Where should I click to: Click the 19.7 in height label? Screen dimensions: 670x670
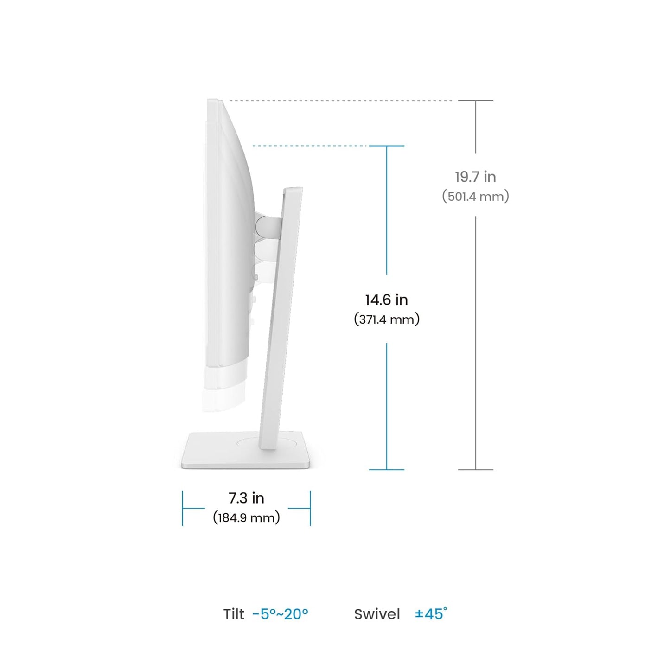click(x=475, y=177)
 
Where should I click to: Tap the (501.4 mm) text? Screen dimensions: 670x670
click(x=475, y=196)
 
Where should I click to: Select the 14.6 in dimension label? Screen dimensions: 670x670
click(x=386, y=300)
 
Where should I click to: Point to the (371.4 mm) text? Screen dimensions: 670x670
click(x=386, y=319)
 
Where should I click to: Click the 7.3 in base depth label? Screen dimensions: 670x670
click(x=246, y=498)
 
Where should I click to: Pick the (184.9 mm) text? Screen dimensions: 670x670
click(x=246, y=517)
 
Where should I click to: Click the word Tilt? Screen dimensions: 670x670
click(x=234, y=614)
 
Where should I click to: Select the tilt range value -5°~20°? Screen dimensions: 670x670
click(x=280, y=614)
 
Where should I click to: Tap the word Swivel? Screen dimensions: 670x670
click(x=376, y=614)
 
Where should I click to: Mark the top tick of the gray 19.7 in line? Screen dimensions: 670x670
click(x=475, y=100)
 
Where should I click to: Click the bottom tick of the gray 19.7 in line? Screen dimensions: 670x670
click(x=475, y=470)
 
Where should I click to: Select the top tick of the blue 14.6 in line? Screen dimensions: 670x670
click(x=386, y=146)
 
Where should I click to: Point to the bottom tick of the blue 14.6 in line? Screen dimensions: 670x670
click(x=386, y=470)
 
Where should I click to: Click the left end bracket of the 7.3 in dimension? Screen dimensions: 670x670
click(x=183, y=508)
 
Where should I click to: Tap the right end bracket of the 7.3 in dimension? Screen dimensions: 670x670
click(x=310, y=508)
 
